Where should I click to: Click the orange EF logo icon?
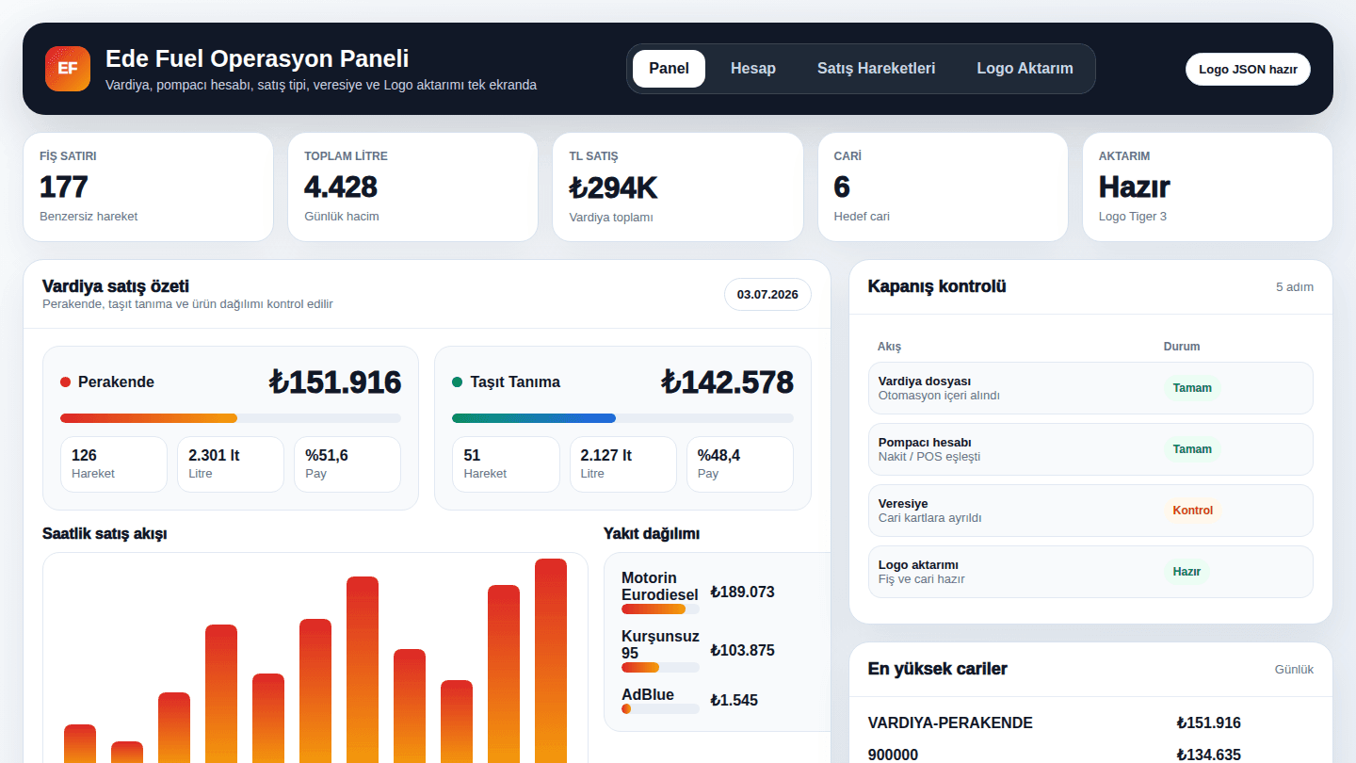point(67,69)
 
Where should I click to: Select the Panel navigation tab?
point(669,69)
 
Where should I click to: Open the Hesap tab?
point(752,69)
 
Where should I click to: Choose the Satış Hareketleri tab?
point(876,69)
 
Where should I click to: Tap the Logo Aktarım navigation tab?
point(1025,69)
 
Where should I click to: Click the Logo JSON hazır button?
point(1248,69)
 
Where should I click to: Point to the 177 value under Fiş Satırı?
point(64,187)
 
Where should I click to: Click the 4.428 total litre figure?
point(341,187)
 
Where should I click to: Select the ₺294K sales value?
point(613,187)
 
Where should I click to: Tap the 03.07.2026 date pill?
point(767,294)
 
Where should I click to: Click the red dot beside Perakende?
point(65,382)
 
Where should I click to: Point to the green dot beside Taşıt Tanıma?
point(457,382)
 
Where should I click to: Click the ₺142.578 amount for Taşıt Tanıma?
point(726,382)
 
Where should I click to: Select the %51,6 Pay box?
point(347,463)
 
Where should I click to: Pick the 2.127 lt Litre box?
point(622,463)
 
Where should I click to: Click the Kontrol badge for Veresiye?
point(1192,511)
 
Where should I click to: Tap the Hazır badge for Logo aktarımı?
point(1186,572)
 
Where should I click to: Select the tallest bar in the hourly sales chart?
point(550,660)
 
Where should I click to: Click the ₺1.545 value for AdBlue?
point(734,700)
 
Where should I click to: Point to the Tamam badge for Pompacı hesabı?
point(1192,449)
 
